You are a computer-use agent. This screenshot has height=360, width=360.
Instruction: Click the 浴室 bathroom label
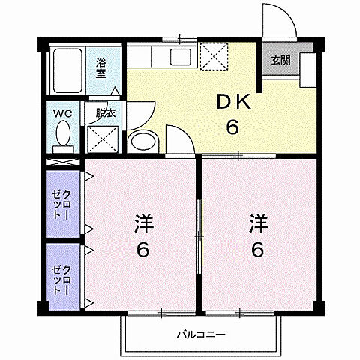[101, 69]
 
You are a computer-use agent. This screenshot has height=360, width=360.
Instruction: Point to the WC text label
[62, 114]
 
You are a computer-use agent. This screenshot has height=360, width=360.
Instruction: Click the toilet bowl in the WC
[64, 136]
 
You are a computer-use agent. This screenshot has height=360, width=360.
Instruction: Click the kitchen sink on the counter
[181, 56]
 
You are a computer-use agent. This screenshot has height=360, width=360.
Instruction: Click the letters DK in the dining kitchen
[233, 103]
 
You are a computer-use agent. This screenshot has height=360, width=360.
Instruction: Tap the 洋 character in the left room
[142, 223]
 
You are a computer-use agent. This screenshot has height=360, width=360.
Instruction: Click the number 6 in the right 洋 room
[257, 250]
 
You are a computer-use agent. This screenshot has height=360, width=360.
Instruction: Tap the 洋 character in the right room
[257, 223]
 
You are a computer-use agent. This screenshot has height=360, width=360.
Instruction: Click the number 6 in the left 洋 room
[142, 250]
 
